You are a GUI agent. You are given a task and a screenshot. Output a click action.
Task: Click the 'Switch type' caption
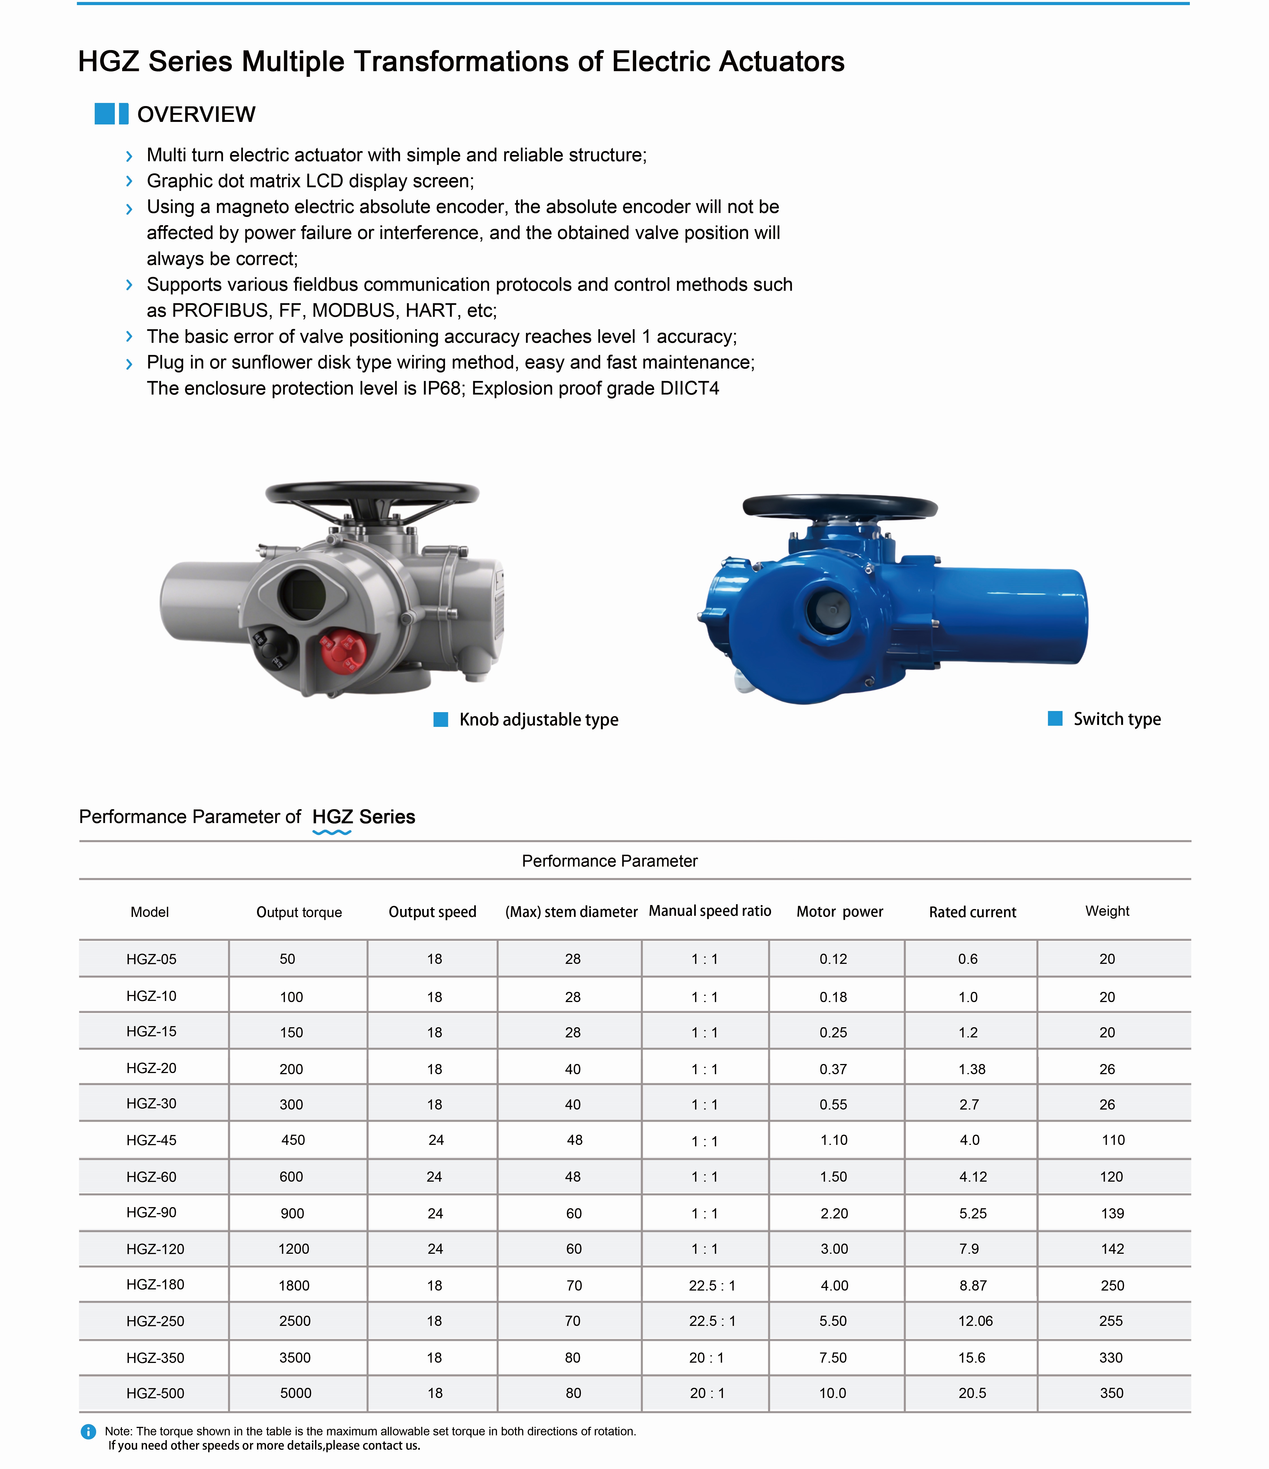[x=1117, y=719]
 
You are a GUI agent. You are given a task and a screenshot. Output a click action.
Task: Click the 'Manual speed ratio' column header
[x=710, y=911]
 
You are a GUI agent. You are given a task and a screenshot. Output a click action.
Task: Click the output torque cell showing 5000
[x=296, y=1393]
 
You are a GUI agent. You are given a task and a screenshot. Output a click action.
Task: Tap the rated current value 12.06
[x=976, y=1321]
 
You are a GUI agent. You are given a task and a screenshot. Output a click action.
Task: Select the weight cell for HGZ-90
[x=1112, y=1213]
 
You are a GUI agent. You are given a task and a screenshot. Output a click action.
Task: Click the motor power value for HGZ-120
[x=834, y=1248]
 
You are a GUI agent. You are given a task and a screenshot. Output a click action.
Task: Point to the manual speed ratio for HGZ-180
[x=712, y=1285]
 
